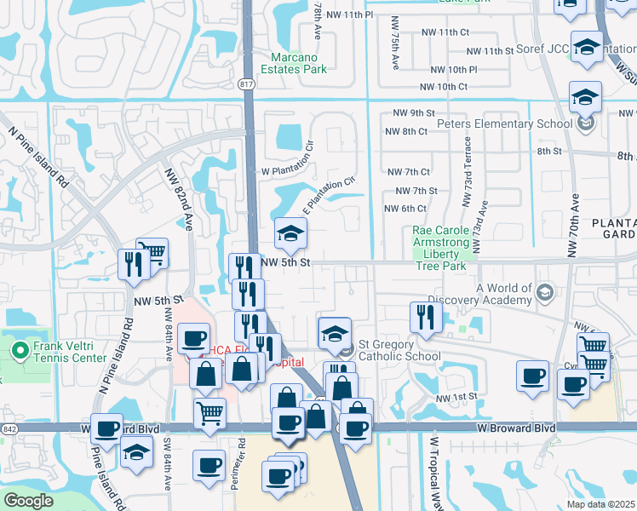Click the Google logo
28,501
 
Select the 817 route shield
247,84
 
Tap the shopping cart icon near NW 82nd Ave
152,253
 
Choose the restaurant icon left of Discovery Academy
422,318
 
